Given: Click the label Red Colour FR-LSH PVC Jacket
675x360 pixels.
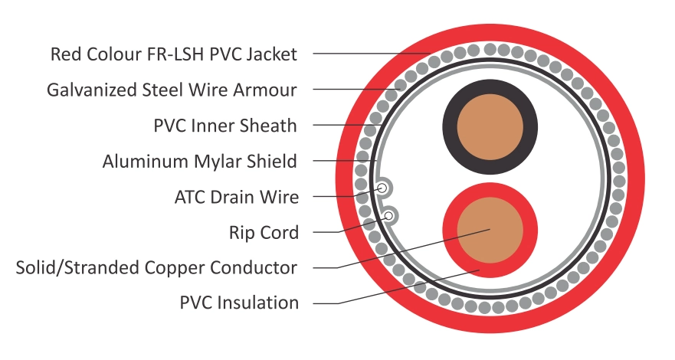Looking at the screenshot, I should pyautogui.click(x=173, y=54).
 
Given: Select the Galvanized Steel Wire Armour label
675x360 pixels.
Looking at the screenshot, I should pyautogui.click(x=172, y=90).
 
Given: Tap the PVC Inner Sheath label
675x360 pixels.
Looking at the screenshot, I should pyautogui.click(x=225, y=125).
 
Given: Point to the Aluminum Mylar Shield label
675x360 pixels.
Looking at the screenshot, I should pyautogui.click(x=200, y=161).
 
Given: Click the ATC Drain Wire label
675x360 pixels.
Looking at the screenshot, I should pyautogui.click(x=237, y=197).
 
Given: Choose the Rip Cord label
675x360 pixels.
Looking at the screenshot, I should pyautogui.click(x=264, y=232).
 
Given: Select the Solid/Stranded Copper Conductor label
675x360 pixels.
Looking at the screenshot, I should pyautogui.click(x=156, y=267).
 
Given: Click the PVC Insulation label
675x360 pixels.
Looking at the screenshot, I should pyautogui.click(x=239, y=303).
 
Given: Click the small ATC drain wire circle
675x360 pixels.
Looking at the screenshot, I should pyautogui.click(x=381, y=187).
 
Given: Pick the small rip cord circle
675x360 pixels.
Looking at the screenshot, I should pyautogui.click(x=389, y=216).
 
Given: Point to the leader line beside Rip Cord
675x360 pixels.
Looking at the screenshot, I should pyautogui.click(x=337, y=231).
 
